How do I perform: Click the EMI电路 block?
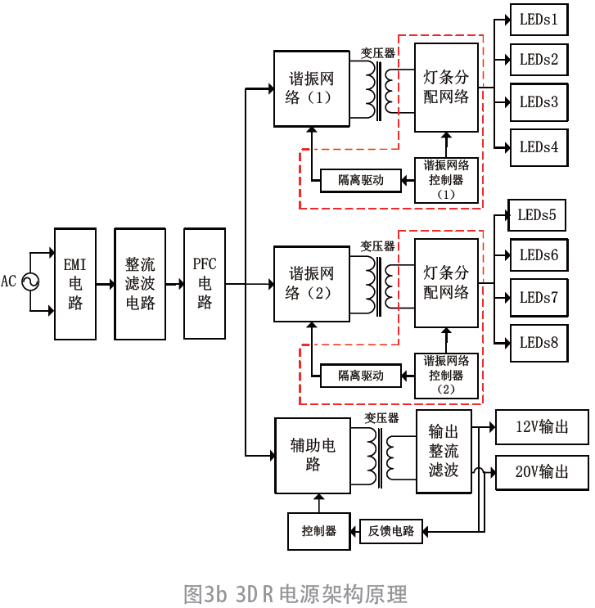(75, 284)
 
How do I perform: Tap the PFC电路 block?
(205, 284)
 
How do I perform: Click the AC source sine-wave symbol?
(30, 282)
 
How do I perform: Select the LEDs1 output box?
(539, 18)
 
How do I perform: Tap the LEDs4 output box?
(539, 147)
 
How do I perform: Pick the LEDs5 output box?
(536, 215)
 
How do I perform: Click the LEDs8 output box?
(539, 343)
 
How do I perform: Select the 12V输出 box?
(541, 427)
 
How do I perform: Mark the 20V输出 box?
(541, 472)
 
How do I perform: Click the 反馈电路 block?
(390, 531)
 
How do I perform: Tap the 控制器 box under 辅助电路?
(318, 531)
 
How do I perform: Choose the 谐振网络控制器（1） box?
(446, 180)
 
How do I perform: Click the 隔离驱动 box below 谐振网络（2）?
(361, 376)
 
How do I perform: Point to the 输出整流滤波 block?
(444, 452)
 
